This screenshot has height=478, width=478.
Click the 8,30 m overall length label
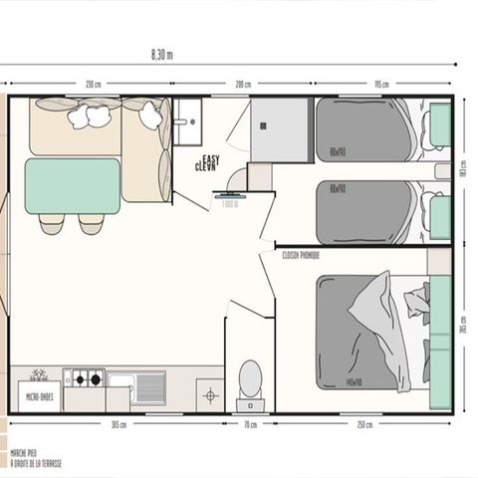(x=160, y=55)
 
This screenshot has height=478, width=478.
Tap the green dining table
(x=72, y=185)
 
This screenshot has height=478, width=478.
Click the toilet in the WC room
(x=250, y=380)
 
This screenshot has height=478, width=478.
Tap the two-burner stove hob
(x=84, y=378)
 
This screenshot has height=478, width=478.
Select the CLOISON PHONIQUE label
(x=301, y=255)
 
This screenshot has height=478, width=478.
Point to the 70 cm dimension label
(x=249, y=424)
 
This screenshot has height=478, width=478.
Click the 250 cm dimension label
(x=364, y=424)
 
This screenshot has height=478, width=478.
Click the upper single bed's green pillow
(x=439, y=124)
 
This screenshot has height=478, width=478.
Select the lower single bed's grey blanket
(x=364, y=211)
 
